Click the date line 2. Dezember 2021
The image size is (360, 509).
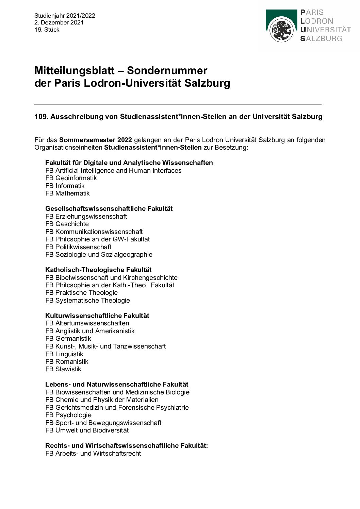click(x=59, y=22)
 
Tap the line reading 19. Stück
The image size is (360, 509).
click(x=47, y=30)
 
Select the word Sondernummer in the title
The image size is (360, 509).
click(x=167, y=70)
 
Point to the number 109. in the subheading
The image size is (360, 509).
click(x=41, y=117)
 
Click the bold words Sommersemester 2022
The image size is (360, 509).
click(x=96, y=140)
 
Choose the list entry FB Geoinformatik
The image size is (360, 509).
click(x=71, y=178)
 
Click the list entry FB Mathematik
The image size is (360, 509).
click(x=67, y=193)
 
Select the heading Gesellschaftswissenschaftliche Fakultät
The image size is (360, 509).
click(x=109, y=208)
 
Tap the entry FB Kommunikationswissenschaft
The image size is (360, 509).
click(x=94, y=232)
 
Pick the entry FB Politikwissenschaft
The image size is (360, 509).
click(x=78, y=247)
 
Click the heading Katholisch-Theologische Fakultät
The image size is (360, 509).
click(x=98, y=270)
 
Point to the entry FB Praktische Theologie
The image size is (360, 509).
click(x=81, y=292)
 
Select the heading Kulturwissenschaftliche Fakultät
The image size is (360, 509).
click(x=97, y=316)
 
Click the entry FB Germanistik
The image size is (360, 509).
click(x=68, y=338)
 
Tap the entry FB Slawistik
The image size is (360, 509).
click(x=63, y=369)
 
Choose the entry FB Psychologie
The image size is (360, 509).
click(x=68, y=415)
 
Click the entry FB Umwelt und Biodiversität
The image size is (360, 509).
click(x=87, y=430)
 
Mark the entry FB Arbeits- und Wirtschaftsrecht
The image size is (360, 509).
click(x=93, y=453)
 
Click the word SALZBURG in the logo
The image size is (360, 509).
click(x=321, y=38)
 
